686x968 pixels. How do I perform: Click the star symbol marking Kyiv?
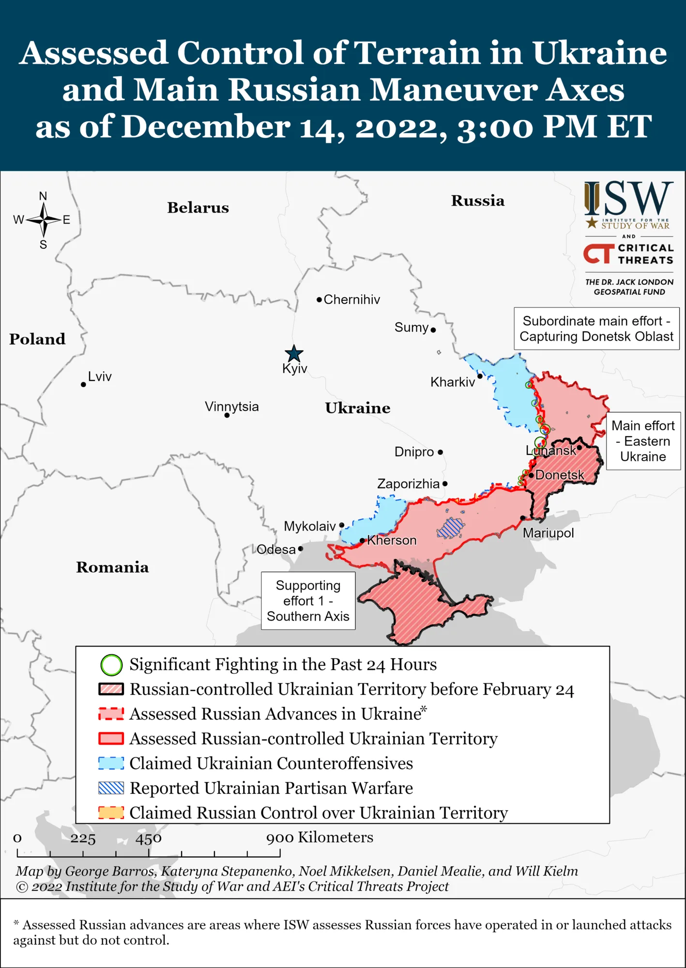[x=294, y=354]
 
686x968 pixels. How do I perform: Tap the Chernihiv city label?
[x=351, y=300]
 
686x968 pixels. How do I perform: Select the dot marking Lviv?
[x=83, y=384]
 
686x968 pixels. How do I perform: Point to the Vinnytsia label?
[x=231, y=407]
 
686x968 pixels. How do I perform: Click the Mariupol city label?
[x=548, y=533]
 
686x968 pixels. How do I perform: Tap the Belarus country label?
[x=198, y=208]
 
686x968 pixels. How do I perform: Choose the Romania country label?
[x=112, y=567]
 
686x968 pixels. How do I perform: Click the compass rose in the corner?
[x=44, y=220]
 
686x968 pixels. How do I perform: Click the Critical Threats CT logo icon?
[x=598, y=254]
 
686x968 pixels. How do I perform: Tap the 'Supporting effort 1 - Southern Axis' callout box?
[x=308, y=601]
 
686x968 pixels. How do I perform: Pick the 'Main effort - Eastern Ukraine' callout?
[x=643, y=441]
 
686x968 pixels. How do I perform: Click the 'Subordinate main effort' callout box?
[x=596, y=329]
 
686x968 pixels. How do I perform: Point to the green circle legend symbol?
[x=111, y=665]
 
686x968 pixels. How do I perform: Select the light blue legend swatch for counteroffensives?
[x=111, y=763]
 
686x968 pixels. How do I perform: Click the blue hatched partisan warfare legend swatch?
[x=111, y=788]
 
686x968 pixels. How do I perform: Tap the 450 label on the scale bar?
[x=149, y=838]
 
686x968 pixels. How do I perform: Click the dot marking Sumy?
[x=433, y=330]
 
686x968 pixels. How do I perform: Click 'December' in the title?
[x=206, y=127]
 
